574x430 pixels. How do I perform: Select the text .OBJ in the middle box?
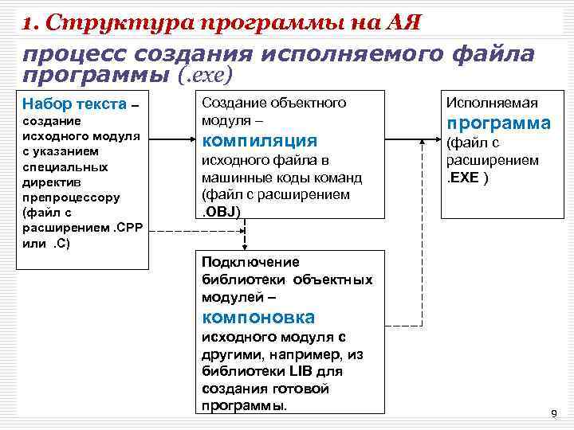221,210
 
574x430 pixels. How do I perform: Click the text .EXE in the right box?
464,176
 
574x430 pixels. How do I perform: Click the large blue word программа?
498,123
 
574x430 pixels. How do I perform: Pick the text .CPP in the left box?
124,229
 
